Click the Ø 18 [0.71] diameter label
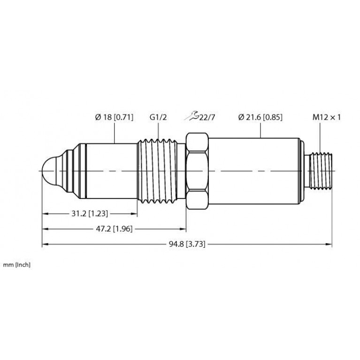114,117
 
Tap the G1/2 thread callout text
158,117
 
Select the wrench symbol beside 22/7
191,116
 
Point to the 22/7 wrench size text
207,117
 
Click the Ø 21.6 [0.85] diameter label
260,117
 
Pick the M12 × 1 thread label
326,117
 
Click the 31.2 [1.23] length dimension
90,214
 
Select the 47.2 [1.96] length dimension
114,229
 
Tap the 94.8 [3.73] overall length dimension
187,244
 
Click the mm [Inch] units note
16,265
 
